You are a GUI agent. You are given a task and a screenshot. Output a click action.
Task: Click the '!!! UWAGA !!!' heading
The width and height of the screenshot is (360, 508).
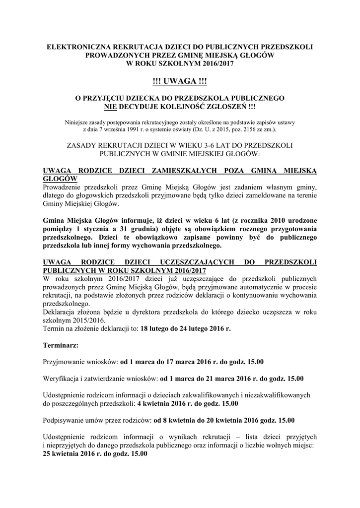pyautogui.click(x=179, y=81)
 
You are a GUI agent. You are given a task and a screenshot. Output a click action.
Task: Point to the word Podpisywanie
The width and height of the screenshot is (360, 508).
pyautogui.click(x=65, y=420)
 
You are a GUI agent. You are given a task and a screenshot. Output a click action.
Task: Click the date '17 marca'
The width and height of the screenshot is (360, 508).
pyautogui.click(x=186, y=362)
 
